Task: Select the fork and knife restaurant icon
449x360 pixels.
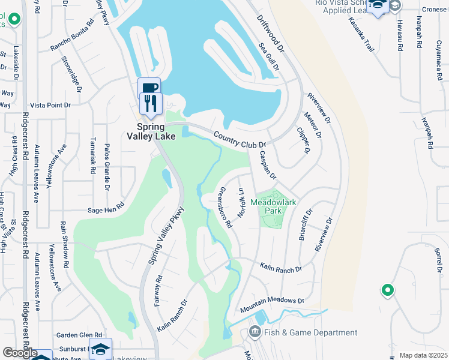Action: [x=151, y=103]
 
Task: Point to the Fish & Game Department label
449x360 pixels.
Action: [x=311, y=332]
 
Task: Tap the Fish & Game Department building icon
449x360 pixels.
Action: [x=254, y=332]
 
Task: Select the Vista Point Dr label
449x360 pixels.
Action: [x=51, y=105]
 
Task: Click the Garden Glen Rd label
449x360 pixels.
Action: [x=79, y=335]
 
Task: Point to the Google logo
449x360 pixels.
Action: [x=20, y=353]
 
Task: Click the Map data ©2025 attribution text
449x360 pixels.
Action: [x=423, y=355]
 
